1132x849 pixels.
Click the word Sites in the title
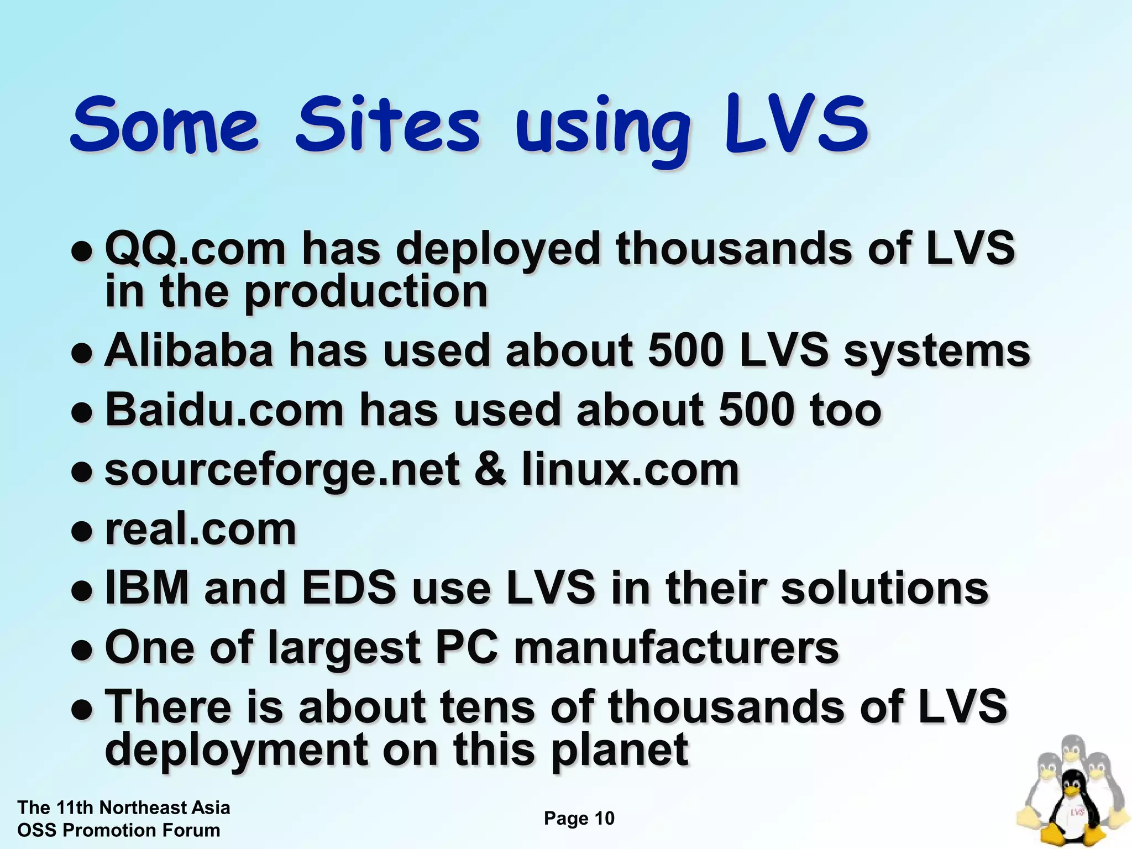click(x=387, y=124)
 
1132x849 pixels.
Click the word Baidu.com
click(x=224, y=410)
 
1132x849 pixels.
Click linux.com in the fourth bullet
click(x=630, y=470)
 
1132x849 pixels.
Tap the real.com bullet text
click(x=201, y=529)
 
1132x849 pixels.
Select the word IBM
click(x=147, y=588)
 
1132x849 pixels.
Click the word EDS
click(x=349, y=588)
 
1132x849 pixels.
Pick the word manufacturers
click(x=677, y=648)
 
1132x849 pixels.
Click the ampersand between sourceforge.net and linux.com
click(x=490, y=470)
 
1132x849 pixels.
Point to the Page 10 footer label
click(x=579, y=818)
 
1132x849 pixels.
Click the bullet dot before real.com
click(x=81, y=531)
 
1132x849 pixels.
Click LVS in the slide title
click(x=796, y=124)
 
